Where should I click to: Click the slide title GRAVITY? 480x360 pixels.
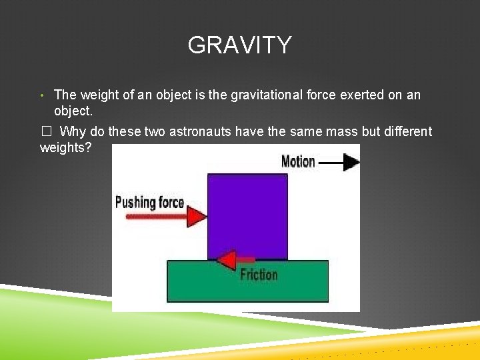239,45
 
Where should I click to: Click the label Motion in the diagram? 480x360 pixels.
298,161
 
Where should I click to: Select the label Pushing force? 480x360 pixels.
149,202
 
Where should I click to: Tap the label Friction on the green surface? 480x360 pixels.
259,274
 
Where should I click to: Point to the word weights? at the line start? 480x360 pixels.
65,147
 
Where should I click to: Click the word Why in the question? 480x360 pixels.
72,132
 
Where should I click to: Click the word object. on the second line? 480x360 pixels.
73,110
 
